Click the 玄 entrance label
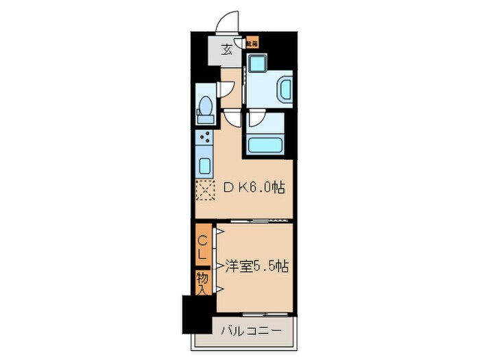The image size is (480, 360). pyautogui.click(x=226, y=49)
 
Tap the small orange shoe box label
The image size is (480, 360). pyautogui.click(x=253, y=43)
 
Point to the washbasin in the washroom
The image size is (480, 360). pyautogui.click(x=283, y=89)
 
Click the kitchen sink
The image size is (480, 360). pyautogui.click(x=204, y=165)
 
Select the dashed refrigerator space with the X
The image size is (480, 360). pyautogui.click(x=205, y=190)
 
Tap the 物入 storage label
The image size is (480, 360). pyautogui.click(x=203, y=282)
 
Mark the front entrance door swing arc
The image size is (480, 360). pyautogui.click(x=228, y=23)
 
